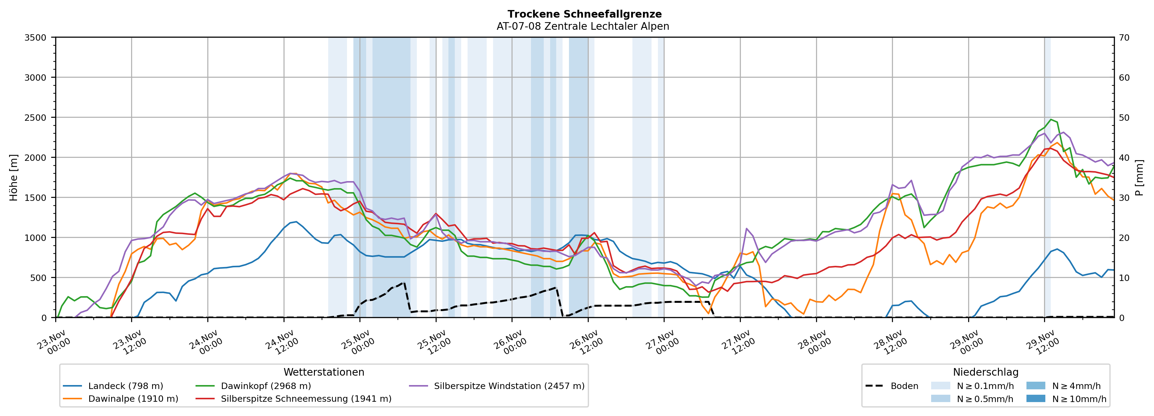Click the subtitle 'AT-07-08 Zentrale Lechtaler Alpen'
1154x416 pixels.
pos(582,26)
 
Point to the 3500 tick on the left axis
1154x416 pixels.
pos(36,38)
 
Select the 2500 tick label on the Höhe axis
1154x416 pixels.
pos(36,118)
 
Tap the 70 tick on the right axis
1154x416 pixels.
pos(1124,38)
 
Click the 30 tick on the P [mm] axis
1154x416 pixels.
pos(1124,198)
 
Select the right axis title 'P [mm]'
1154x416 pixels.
pos(1139,178)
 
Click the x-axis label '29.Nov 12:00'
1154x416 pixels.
pos(1043,343)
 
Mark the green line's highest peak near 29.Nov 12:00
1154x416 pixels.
pos(1050,120)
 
